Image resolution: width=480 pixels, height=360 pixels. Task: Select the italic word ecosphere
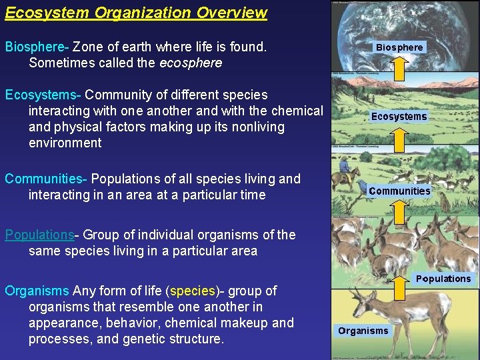[191, 63]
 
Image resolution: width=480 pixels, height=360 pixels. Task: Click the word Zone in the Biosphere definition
[88, 47]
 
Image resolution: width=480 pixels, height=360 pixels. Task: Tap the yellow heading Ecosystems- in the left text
[43, 95]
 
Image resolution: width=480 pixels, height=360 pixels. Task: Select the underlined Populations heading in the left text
[39, 235]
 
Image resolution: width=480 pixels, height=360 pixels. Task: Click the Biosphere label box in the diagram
[399, 47]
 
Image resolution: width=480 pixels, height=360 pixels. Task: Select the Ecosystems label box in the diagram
[399, 116]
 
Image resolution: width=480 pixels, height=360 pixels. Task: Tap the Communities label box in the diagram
[399, 191]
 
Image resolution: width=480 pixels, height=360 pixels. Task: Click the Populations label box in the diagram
[443, 279]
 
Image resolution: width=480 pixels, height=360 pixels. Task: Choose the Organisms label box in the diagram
[363, 331]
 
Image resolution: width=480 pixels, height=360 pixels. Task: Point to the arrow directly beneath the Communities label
[399, 212]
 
